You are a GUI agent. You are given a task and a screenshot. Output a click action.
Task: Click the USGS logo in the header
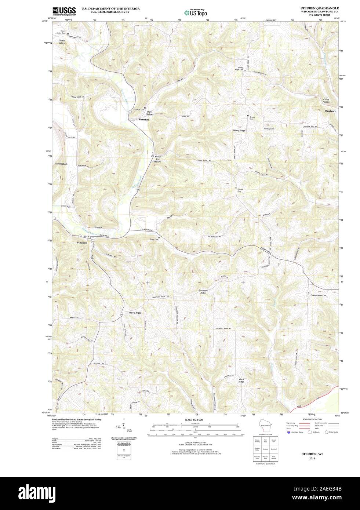(64, 11)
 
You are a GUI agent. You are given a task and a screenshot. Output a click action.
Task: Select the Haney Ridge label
(239, 130)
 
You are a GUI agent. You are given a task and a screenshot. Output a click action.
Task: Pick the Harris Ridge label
(135, 313)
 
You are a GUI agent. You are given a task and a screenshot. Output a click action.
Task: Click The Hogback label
(61, 164)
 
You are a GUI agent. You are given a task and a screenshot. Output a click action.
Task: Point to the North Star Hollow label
(157, 159)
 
